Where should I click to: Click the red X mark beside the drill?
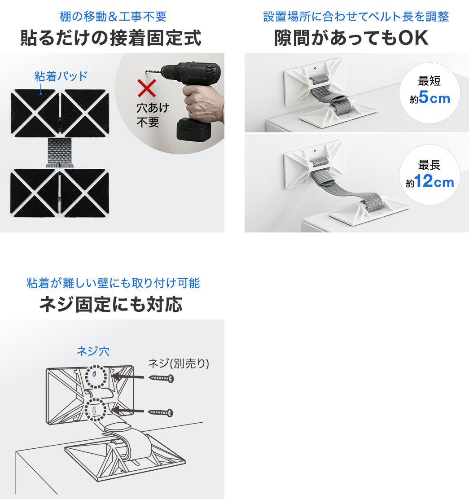pyautogui.click(x=147, y=88)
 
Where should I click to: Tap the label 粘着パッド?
pyautogui.click(x=61, y=76)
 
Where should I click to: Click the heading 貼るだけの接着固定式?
pyautogui.click(x=111, y=38)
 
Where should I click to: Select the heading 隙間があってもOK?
pyautogui.click(x=351, y=38)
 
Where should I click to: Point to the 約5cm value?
pyautogui.click(x=430, y=97)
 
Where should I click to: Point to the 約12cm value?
pyautogui.click(x=430, y=181)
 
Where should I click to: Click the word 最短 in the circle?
pyautogui.click(x=429, y=81)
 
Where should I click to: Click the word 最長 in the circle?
pyautogui.click(x=429, y=165)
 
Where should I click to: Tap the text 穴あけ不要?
pyautogui.click(x=153, y=115)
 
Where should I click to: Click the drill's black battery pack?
pyautogui.click(x=193, y=129)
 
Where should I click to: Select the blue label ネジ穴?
pyautogui.click(x=93, y=351)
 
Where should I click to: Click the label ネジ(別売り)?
pyautogui.click(x=179, y=363)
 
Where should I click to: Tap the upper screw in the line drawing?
pyautogui.click(x=161, y=378)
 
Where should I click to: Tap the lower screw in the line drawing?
pyautogui.click(x=161, y=413)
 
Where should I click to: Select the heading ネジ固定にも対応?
pyautogui.click(x=111, y=304)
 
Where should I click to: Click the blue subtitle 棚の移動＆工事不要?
pyautogui.click(x=113, y=17)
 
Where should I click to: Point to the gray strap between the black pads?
pyautogui.click(x=60, y=153)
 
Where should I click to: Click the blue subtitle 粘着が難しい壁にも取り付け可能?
pyautogui.click(x=113, y=283)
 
